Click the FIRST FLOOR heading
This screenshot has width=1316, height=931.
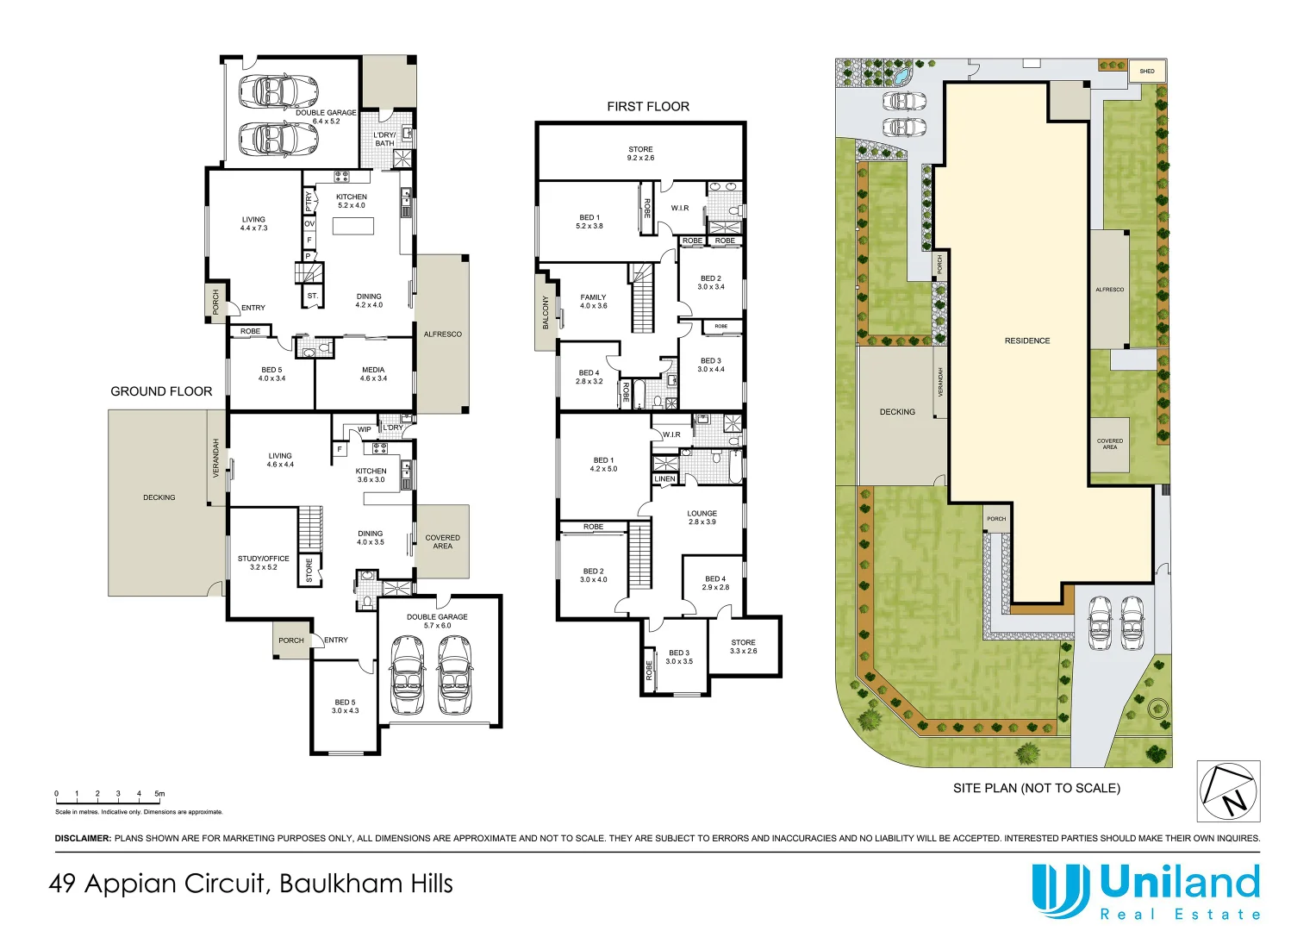click(647, 107)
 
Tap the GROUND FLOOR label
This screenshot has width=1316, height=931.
click(161, 391)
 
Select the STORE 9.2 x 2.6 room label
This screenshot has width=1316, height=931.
click(640, 153)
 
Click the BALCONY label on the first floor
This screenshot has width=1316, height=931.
click(546, 312)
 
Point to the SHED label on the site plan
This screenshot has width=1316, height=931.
click(1146, 72)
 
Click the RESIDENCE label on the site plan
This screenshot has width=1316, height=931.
click(1026, 341)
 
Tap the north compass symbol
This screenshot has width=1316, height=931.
click(1228, 791)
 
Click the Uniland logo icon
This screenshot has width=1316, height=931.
click(1060, 890)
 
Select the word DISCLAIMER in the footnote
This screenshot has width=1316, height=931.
click(83, 838)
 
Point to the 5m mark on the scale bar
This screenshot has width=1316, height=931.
click(159, 794)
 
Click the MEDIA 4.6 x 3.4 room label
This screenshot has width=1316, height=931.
click(373, 374)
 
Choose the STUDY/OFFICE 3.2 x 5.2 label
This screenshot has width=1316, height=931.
click(263, 562)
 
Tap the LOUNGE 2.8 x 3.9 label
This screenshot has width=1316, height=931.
click(702, 517)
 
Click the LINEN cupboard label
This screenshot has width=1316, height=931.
click(664, 479)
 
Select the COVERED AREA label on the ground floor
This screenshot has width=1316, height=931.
click(442, 541)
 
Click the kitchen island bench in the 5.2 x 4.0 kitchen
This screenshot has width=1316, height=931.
click(353, 226)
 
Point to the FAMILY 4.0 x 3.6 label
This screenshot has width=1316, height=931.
click(593, 301)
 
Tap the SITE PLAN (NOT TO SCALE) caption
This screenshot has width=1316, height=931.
click(1036, 788)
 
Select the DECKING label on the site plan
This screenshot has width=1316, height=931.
click(897, 412)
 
